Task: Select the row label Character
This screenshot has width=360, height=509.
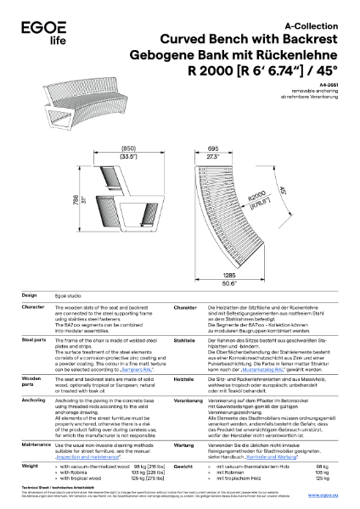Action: pyautogui.click(x=33, y=282)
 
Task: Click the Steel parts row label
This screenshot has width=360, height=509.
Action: pyautogui.click(x=34, y=314)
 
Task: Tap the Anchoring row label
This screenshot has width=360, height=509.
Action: pyautogui.click(x=33, y=373)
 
